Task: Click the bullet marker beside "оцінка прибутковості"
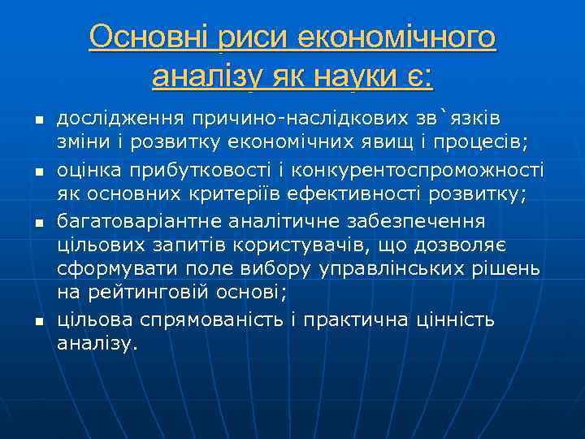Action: click(37, 172)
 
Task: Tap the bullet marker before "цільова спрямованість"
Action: click(37, 322)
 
